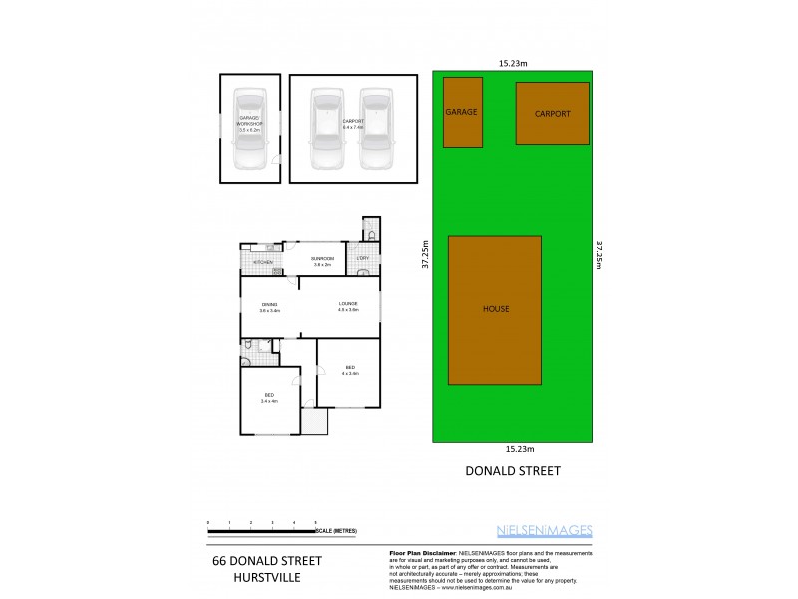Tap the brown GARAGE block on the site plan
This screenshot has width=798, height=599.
(462, 112)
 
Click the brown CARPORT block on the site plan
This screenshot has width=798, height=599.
(552, 114)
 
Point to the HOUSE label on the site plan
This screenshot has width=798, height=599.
(495, 309)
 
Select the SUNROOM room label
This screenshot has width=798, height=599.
(323, 259)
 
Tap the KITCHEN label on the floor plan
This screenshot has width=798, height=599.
(263, 263)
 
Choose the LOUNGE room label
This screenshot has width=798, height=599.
(347, 304)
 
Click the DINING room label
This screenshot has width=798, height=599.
(269, 306)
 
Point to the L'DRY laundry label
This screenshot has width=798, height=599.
(363, 259)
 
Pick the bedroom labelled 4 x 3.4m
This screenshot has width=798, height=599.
(349, 370)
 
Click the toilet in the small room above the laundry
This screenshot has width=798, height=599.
(371, 235)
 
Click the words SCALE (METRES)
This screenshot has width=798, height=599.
(338, 530)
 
